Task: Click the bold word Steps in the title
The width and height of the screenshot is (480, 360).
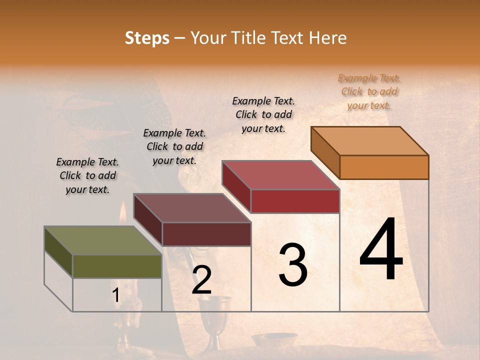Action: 147,38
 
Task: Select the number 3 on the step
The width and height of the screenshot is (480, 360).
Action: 293,265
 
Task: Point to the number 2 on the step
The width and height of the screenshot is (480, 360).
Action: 201,280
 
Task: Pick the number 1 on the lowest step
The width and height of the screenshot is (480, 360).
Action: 116,295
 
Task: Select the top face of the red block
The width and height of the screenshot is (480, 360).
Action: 280,175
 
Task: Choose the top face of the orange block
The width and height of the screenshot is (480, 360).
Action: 369,141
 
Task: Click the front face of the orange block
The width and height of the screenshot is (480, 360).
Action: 384,167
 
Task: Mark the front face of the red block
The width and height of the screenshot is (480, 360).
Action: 295,201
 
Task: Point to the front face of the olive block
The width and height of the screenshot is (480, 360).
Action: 117,266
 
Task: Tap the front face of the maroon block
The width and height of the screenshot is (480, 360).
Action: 206,234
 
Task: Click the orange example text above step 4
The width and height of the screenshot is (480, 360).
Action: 369,92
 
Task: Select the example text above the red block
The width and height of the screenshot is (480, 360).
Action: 263,114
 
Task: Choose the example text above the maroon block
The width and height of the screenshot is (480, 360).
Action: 174,146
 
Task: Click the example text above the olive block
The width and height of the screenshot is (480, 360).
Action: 87,175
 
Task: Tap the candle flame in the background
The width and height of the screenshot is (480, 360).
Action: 123,213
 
